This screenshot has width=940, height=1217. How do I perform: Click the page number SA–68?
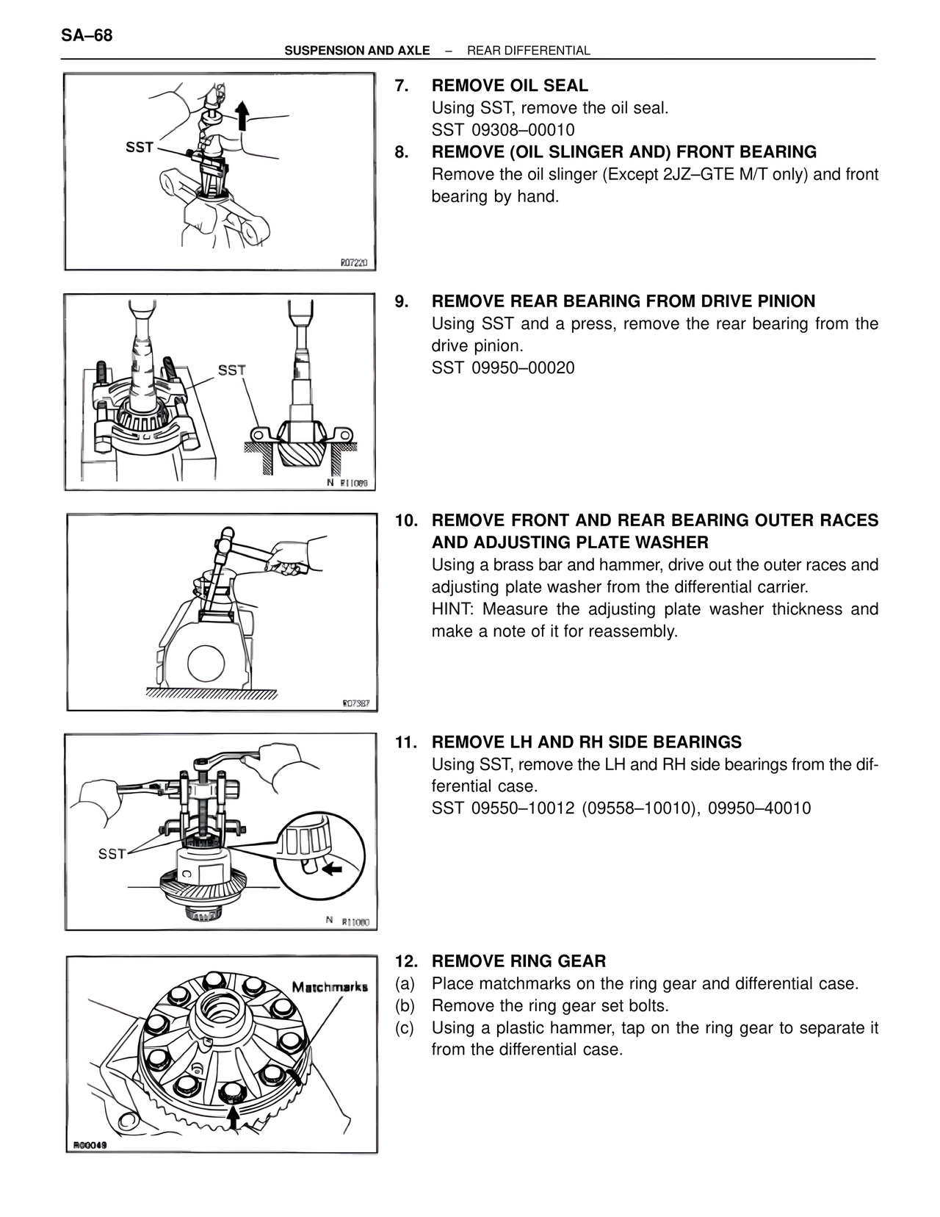click(x=87, y=35)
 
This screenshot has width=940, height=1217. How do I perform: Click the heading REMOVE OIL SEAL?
click(x=510, y=86)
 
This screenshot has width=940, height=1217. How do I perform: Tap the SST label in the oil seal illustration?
click(x=140, y=148)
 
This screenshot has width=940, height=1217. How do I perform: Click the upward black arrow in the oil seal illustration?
click(x=242, y=115)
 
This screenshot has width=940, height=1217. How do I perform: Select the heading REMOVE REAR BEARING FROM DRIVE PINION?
click(x=623, y=301)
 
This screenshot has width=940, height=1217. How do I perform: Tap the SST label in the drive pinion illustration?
click(x=231, y=370)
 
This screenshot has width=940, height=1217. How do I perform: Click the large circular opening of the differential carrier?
click(x=210, y=663)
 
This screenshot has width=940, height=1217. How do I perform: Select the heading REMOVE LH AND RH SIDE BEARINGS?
click(x=586, y=742)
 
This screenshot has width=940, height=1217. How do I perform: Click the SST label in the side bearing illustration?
click(x=112, y=854)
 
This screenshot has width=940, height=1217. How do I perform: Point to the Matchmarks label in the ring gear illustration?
click(x=330, y=986)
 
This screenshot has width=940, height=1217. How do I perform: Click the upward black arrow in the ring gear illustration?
click(x=233, y=1118)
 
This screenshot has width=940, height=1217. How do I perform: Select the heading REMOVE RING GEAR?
click(x=518, y=961)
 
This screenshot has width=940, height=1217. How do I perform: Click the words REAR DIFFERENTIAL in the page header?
click(x=528, y=51)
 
